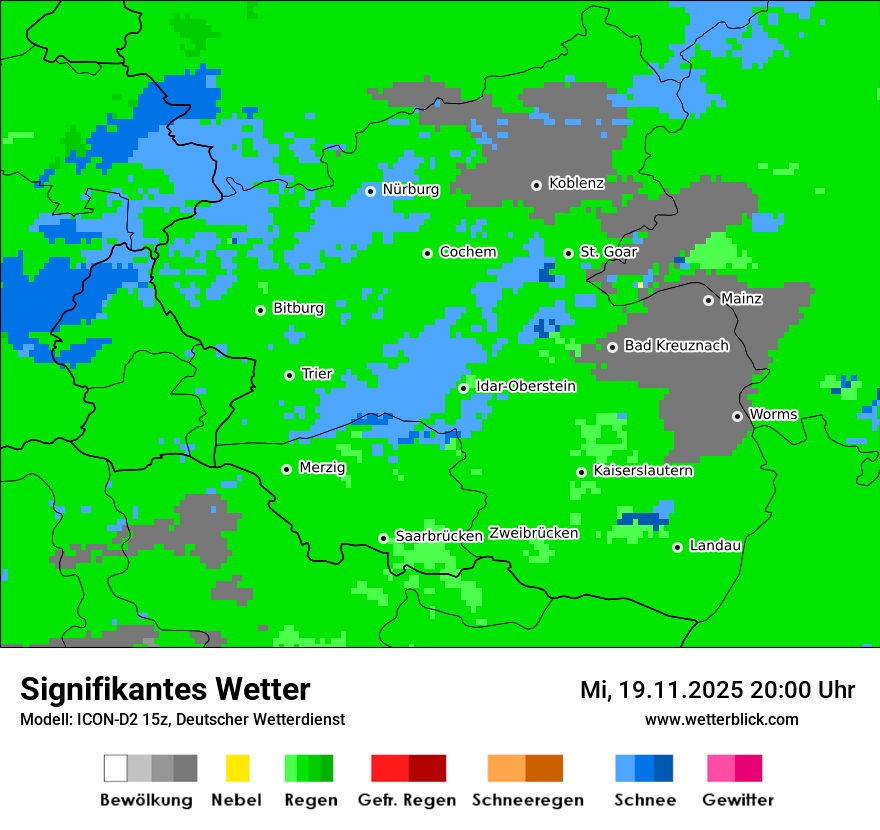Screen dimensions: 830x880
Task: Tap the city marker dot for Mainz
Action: [708, 300]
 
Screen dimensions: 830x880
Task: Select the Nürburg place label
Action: [410, 190]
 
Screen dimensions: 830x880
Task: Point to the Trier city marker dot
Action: [289, 375]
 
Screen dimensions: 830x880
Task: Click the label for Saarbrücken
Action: [439, 536]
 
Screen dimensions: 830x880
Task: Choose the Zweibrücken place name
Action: [533, 533]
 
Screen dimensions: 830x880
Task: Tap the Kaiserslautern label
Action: [642, 471]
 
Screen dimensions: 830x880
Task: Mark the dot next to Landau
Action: [677, 547]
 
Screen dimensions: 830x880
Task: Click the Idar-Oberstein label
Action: [525, 387]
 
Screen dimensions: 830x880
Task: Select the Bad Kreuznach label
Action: [676, 346]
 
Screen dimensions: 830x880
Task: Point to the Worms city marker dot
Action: [737, 416]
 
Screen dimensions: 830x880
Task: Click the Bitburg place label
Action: [298, 309]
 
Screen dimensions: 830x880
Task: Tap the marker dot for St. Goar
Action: [568, 253]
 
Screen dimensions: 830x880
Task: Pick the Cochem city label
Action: [468, 252]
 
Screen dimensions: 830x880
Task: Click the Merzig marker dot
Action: [286, 469]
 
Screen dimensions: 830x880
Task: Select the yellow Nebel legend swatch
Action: [237, 768]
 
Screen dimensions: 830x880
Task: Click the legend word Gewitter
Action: [737, 800]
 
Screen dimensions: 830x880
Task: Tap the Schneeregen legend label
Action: [528, 800]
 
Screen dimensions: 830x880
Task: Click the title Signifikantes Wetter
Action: [165, 689]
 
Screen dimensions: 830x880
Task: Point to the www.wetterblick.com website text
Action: [721, 719]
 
